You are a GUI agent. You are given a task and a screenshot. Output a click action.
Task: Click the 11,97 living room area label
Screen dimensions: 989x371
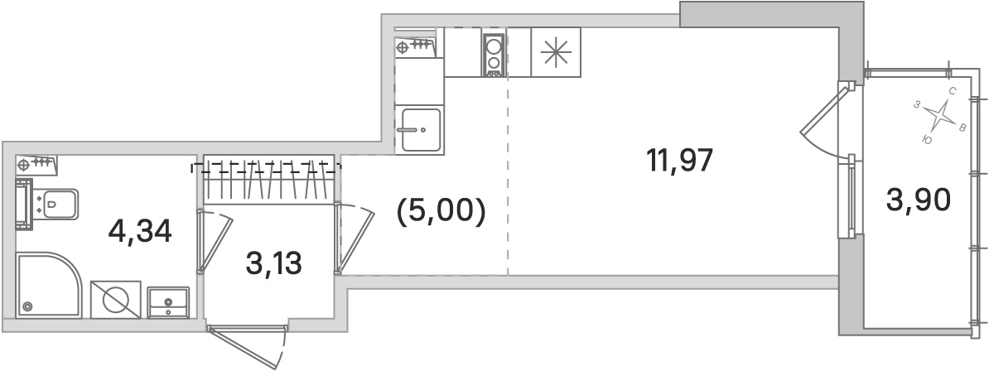[679, 161]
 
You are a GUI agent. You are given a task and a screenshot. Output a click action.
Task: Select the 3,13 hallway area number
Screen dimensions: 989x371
[273, 263]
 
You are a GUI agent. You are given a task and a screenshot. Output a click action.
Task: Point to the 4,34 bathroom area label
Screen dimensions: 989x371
[140, 232]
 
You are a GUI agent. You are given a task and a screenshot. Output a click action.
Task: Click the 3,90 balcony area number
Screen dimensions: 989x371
[918, 201]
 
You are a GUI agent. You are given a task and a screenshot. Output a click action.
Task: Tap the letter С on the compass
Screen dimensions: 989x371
[953, 91]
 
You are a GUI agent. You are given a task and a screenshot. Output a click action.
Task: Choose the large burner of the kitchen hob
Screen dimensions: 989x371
[494, 46]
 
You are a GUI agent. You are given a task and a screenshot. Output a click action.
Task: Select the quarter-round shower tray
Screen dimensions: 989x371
[49, 285]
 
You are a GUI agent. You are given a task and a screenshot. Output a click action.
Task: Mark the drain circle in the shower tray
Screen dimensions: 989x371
[27, 306]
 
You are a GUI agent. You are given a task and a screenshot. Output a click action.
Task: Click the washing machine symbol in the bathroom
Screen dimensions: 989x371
[115, 299]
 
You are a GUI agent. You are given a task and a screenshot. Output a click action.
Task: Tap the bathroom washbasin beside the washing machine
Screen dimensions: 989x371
[168, 302]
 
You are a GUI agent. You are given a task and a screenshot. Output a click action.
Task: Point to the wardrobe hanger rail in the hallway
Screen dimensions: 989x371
[266, 167]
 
